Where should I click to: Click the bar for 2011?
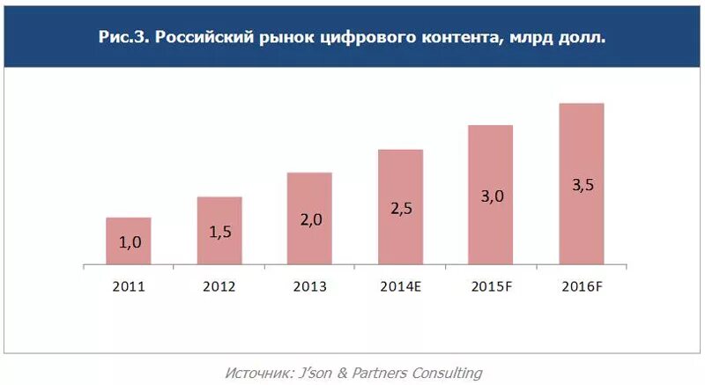(129, 241)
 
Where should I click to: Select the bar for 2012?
(219, 230)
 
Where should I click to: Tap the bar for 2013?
(309, 218)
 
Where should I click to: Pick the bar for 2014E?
(400, 207)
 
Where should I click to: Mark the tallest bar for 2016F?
(581, 183)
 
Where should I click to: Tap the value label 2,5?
(400, 208)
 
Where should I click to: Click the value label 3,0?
(491, 196)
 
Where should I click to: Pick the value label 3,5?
(581, 185)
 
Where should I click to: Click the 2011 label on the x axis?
(129, 286)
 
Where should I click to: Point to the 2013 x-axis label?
(309, 286)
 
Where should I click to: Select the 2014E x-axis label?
(400, 286)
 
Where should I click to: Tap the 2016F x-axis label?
(581, 286)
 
